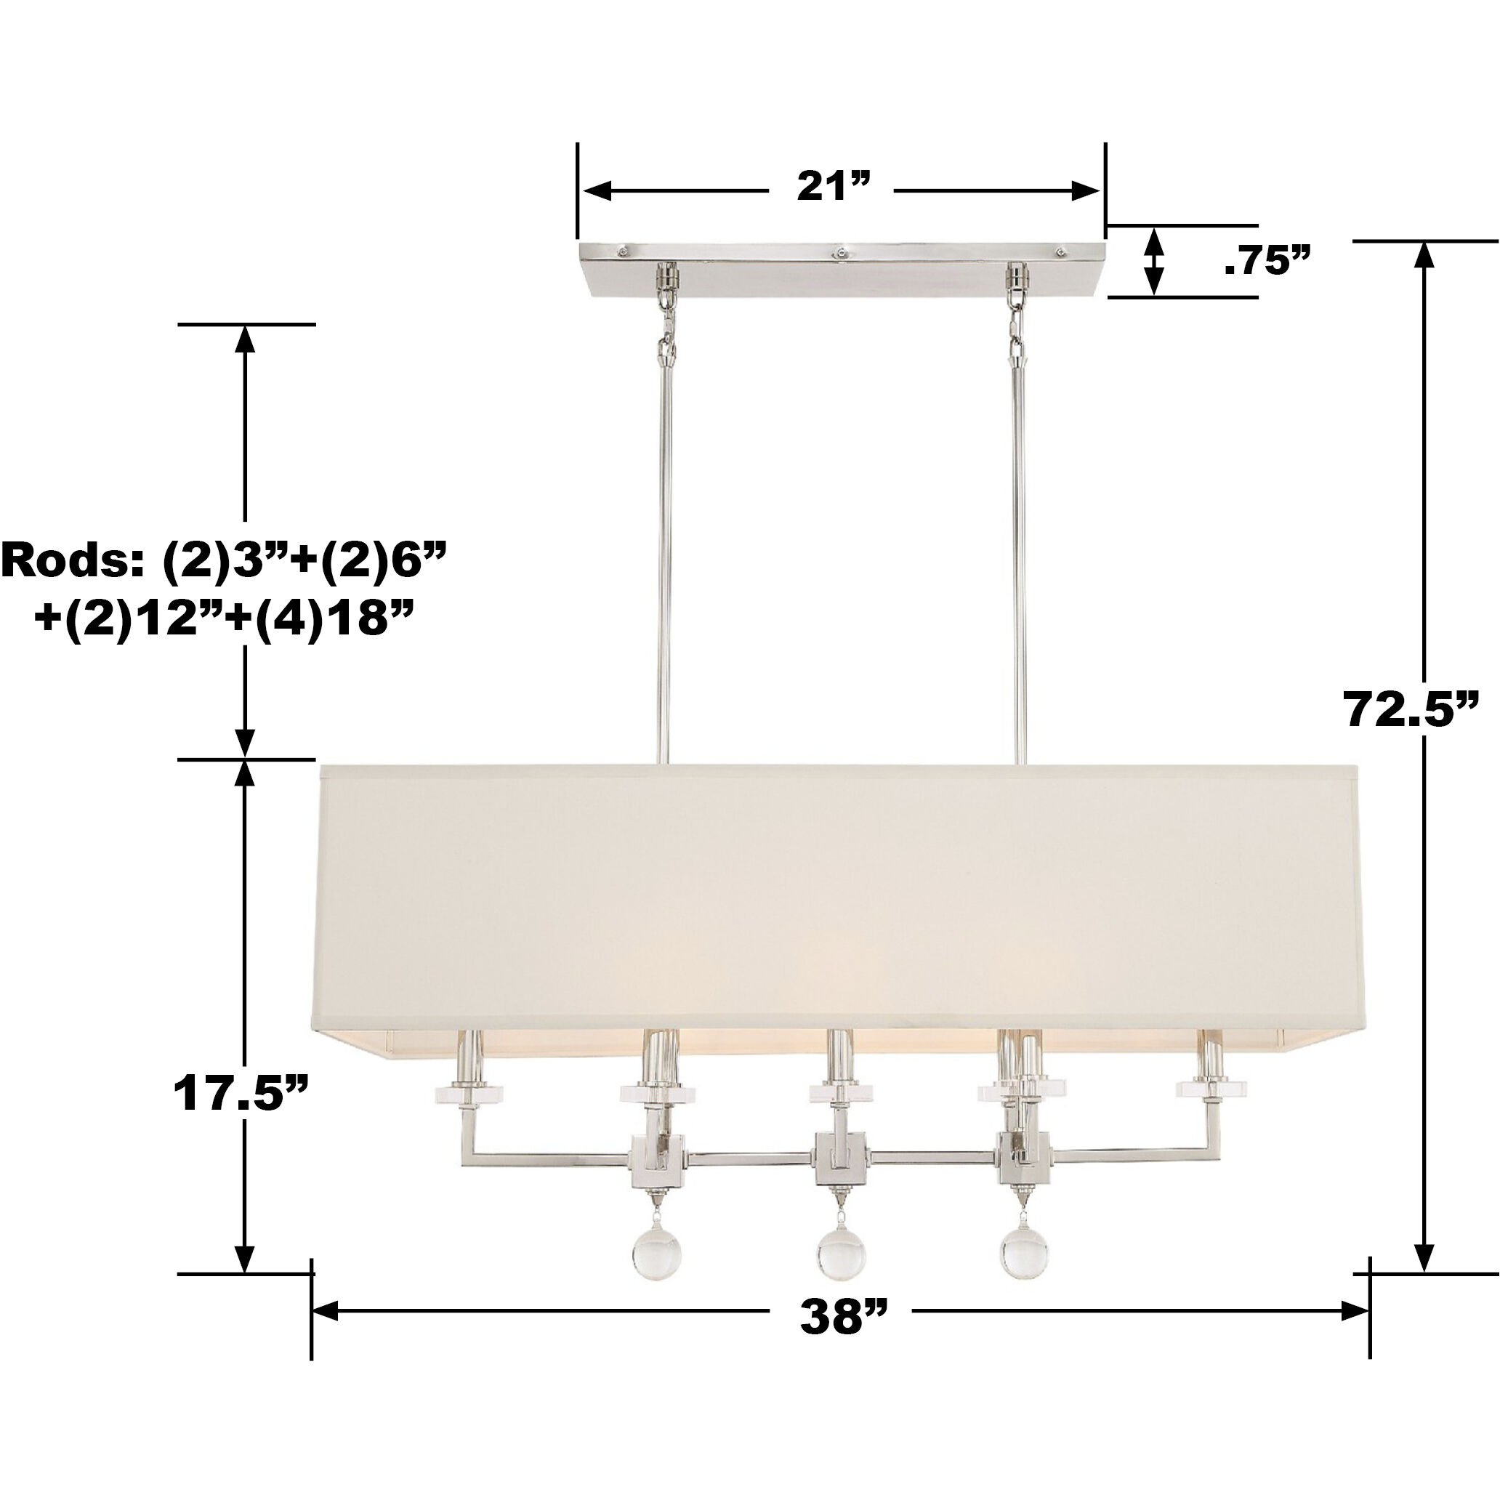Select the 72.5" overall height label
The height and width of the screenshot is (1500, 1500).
(1411, 709)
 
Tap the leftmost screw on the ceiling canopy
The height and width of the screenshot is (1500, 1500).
(622, 250)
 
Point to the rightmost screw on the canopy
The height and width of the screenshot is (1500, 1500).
(1060, 251)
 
